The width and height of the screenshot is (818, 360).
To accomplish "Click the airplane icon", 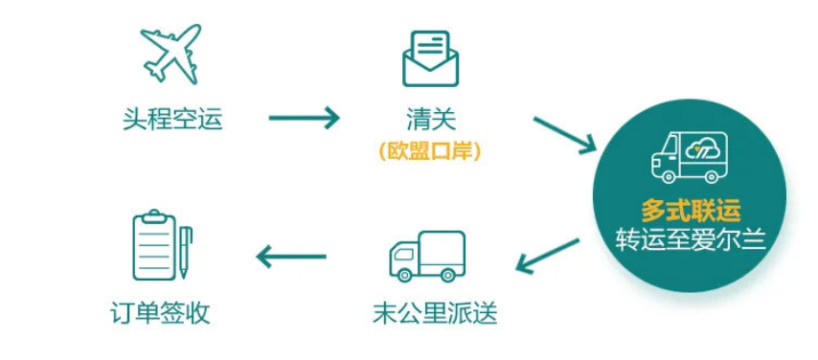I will pyautogui.click(x=171, y=52).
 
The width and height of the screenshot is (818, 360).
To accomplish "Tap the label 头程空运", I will pyautogui.click(x=172, y=119).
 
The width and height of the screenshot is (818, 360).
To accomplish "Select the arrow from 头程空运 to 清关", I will pyautogui.click(x=305, y=119).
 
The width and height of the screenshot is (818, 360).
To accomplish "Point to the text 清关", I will pyautogui.click(x=430, y=119).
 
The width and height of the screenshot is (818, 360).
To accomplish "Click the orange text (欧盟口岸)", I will pyautogui.click(x=428, y=150).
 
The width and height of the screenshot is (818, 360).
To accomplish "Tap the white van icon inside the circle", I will pyautogui.click(x=689, y=156).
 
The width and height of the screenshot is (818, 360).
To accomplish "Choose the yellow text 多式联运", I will pyautogui.click(x=690, y=210).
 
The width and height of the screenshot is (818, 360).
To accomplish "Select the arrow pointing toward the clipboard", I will pyautogui.click(x=292, y=256).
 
